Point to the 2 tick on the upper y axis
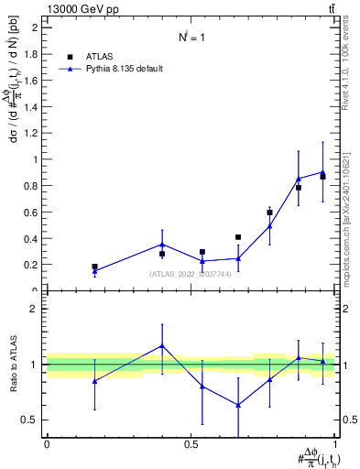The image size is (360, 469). click(x=36, y=27)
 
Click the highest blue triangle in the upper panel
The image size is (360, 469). click(x=322, y=172)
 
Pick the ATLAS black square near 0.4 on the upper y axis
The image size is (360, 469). click(x=238, y=237)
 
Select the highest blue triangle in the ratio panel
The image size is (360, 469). click(x=162, y=345)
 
